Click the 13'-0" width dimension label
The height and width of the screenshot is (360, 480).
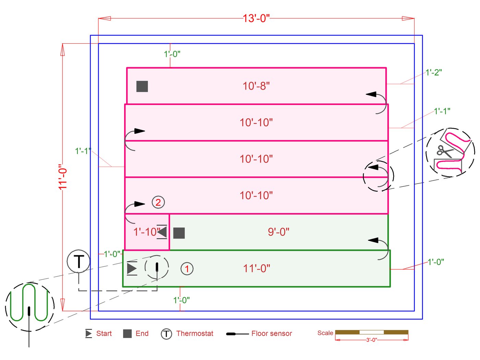click(256, 18)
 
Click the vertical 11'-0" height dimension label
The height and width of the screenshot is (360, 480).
click(62, 177)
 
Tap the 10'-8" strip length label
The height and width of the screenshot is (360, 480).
click(256, 86)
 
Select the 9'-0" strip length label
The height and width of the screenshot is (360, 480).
click(278, 232)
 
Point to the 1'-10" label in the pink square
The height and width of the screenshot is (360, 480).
click(146, 232)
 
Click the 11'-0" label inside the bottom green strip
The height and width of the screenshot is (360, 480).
click(256, 268)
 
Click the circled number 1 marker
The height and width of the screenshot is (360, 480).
click(187, 269)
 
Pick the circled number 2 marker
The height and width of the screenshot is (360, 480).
click(158, 202)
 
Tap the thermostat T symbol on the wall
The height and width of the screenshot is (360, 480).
click(79, 261)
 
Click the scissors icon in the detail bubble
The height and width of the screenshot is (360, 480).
click(444, 151)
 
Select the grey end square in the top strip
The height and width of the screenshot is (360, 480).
click(142, 86)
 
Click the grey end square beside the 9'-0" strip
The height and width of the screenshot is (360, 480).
click(179, 233)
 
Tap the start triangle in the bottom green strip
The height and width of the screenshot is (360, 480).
click(132, 268)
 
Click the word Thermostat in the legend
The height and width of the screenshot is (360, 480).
click(194, 334)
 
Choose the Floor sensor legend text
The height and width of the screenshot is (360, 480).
click(272, 334)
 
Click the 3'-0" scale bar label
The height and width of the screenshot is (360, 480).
click(371, 340)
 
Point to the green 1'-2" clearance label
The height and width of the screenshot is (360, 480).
click(434, 72)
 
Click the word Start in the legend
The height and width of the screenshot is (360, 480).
click(104, 334)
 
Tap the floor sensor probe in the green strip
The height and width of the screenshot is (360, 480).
click(157, 267)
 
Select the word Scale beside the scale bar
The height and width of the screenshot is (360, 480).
click(325, 333)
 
